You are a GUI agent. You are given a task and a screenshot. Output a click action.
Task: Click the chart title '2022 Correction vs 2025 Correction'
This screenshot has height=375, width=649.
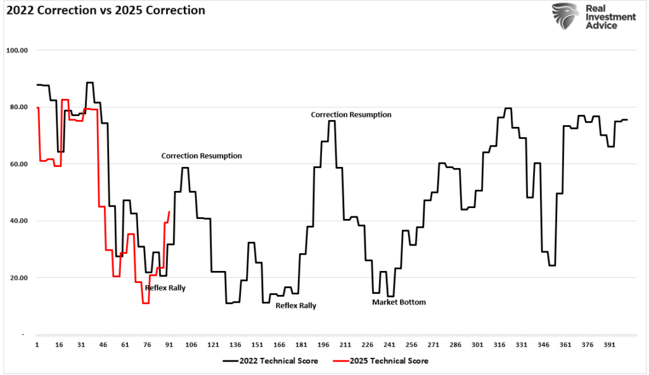(x=105, y=11)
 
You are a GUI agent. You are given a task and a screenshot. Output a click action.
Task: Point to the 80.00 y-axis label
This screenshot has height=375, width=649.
(x=20, y=107)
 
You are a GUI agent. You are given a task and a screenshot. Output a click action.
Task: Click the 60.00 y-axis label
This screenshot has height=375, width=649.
(x=20, y=164)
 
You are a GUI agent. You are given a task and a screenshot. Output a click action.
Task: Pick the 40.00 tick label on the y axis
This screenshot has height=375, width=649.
(x=20, y=221)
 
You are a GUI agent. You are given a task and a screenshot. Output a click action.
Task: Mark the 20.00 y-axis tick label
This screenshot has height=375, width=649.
(x=20, y=278)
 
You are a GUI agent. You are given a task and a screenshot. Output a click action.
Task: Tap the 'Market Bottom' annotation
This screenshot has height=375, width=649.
(x=399, y=302)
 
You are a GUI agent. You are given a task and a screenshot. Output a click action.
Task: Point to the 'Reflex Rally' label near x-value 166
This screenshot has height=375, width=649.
(x=295, y=305)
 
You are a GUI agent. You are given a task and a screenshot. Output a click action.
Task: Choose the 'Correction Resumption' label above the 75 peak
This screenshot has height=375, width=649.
(x=350, y=115)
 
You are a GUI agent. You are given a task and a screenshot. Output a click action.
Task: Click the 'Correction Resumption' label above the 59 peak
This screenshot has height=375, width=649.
(x=202, y=155)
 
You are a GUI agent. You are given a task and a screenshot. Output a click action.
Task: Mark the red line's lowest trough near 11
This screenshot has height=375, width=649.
(x=146, y=303)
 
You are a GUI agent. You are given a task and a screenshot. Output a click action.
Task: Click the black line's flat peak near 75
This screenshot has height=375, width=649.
(x=331, y=121)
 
